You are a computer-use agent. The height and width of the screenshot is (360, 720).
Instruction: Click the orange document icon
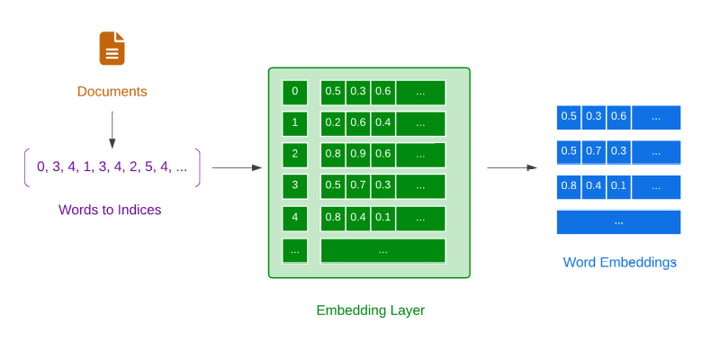[112, 49]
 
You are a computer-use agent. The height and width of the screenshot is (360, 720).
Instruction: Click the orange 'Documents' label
[112, 92]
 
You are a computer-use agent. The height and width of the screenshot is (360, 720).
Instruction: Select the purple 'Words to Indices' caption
[110, 210]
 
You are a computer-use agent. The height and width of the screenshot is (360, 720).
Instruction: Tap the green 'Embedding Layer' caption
[370, 310]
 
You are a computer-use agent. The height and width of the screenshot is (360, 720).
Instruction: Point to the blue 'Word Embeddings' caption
[619, 263]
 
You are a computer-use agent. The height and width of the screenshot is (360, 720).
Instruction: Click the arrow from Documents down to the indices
[112, 130]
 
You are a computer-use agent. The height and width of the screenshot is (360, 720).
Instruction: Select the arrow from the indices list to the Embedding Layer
[237, 167]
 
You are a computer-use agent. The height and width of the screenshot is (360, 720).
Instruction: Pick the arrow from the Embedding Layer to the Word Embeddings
[511, 167]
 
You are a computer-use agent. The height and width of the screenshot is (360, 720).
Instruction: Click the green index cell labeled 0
[294, 92]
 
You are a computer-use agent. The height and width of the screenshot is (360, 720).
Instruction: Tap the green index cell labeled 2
[294, 154]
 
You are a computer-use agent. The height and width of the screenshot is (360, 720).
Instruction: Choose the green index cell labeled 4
[294, 218]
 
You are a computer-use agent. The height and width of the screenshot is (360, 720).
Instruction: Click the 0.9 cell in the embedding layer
[358, 154]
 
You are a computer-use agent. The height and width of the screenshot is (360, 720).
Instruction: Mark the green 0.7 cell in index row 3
[358, 186]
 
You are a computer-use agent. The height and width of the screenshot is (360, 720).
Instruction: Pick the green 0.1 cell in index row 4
[382, 218]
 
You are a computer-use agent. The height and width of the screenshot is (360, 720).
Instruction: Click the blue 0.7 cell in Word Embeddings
[593, 151]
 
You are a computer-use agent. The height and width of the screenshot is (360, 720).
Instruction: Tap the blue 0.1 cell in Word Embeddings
[617, 186]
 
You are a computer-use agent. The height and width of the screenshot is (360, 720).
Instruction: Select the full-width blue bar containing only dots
[618, 221]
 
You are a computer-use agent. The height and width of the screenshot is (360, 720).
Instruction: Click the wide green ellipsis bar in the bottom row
[382, 250]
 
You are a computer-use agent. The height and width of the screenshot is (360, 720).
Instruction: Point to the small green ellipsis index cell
[294, 250]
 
